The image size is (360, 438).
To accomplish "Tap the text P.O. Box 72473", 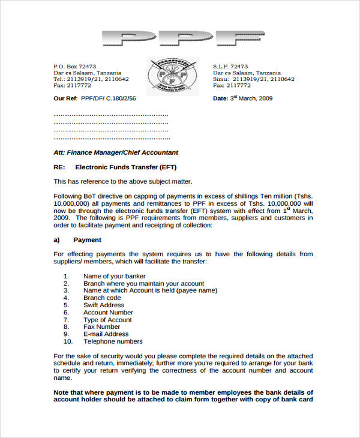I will pyautogui.click(x=75, y=66).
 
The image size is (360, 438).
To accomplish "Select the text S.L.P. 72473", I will pyautogui.click(x=230, y=66).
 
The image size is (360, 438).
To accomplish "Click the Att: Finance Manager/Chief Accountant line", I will pyautogui.click(x=116, y=152).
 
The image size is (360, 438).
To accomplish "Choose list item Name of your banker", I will pyautogui.click(x=115, y=276).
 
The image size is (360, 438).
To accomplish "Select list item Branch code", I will pyautogui.click(x=102, y=298).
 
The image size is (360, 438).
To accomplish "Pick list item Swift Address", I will pyautogui.click(x=104, y=305).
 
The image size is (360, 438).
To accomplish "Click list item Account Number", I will pyautogui.click(x=108, y=313).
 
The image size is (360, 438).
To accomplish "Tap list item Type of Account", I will pyautogui.click(x=107, y=320).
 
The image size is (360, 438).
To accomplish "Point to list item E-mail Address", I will pyautogui.click(x=106, y=334).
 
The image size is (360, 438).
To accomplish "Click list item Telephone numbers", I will pyautogui.click(x=113, y=341).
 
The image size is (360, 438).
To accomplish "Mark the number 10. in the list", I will pyautogui.click(x=67, y=341).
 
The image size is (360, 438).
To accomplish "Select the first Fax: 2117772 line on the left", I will pyautogui.click(x=71, y=86).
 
